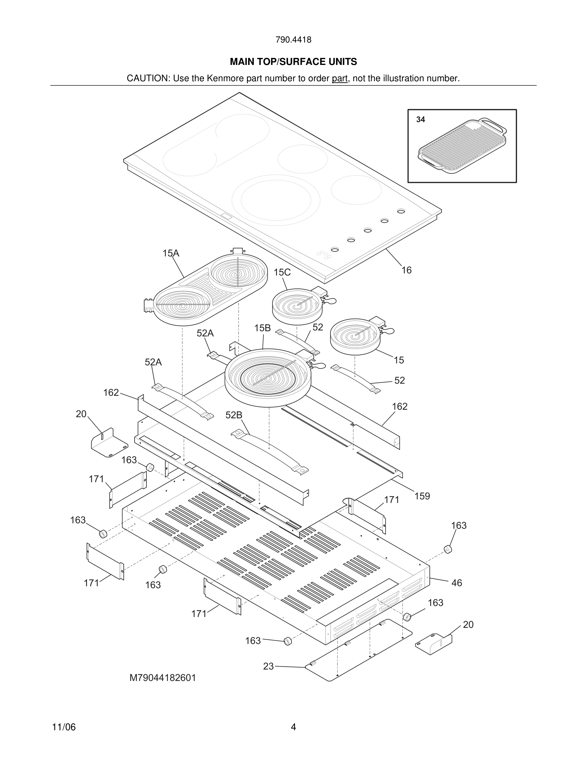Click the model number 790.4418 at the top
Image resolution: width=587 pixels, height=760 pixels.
[293, 40]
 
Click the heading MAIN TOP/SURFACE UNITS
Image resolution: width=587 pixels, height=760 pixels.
[293, 62]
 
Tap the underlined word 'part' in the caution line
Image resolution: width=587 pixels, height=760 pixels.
[340, 78]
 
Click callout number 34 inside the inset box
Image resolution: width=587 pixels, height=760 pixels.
[420, 120]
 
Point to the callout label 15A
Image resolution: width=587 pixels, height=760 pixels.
[171, 253]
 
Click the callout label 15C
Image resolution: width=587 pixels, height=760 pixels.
[282, 273]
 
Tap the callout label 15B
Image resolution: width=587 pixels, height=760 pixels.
[262, 328]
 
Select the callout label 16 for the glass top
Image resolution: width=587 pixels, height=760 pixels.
[406, 270]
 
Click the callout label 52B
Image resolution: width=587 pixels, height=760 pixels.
[234, 415]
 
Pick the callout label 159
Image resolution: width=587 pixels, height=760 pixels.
[422, 496]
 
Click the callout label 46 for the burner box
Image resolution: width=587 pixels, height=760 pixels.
[456, 583]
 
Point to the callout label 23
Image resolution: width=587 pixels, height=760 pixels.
[268, 666]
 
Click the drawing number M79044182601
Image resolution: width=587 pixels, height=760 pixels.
[163, 678]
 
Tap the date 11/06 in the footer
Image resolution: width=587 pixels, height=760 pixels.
[64, 727]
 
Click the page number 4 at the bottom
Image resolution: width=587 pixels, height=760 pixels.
[293, 727]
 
